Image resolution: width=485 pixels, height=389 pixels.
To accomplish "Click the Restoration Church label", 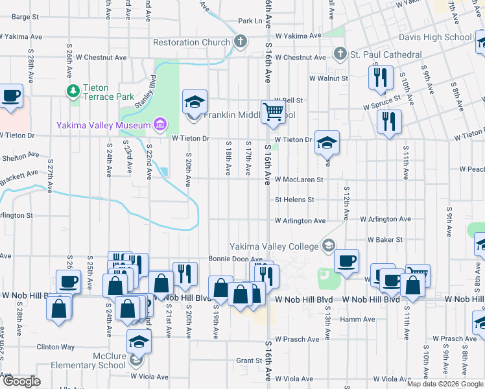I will tap(191, 43).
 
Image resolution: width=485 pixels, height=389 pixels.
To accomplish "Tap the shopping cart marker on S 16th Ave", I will tap(273, 112).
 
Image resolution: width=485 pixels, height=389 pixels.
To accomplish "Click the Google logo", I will tap(21, 381).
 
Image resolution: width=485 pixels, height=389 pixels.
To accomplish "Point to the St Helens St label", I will tap(294, 200).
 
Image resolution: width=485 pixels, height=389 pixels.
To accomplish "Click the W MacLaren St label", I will tap(299, 179).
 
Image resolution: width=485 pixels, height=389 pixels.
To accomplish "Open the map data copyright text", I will tap(445, 384).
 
